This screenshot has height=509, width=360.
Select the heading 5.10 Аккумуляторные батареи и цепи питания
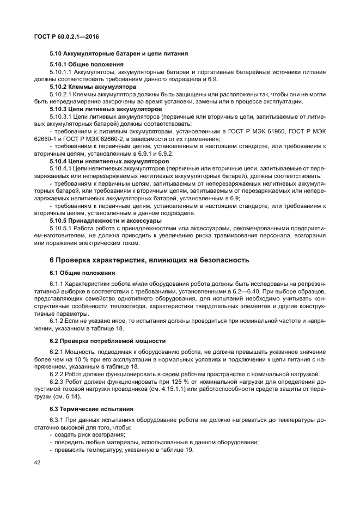click(x=119, y=54)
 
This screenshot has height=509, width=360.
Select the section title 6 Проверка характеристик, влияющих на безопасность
click(x=149, y=260)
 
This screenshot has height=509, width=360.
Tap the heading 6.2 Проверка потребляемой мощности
click(x=108, y=341)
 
